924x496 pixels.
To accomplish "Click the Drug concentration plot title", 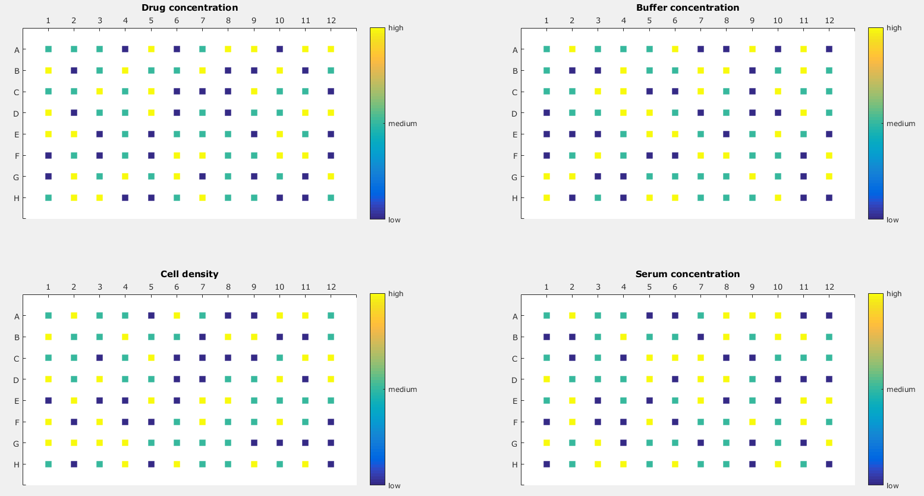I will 189,8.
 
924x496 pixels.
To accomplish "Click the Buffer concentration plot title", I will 687,8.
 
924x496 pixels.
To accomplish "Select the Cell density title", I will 189,274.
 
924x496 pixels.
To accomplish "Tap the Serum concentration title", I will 687,274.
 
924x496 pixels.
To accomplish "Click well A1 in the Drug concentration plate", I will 48,49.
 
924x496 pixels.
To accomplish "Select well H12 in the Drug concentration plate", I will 331,198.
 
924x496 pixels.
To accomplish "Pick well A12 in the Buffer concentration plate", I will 829,49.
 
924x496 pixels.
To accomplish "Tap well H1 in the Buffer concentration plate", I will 546,198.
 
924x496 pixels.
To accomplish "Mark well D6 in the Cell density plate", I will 177,379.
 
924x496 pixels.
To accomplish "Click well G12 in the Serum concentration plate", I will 829,443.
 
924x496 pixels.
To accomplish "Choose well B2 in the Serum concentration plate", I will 572,337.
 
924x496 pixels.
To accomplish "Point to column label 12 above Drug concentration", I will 331,21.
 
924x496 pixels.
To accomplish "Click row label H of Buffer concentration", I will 515,198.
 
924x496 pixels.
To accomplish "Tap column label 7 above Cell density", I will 202,287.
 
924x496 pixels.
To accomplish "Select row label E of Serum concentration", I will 515,401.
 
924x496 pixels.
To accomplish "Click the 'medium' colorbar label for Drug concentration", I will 403,124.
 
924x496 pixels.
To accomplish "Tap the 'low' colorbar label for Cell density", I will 394,486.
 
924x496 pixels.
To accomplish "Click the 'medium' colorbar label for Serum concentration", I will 901,390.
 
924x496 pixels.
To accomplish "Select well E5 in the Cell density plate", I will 151,401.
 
